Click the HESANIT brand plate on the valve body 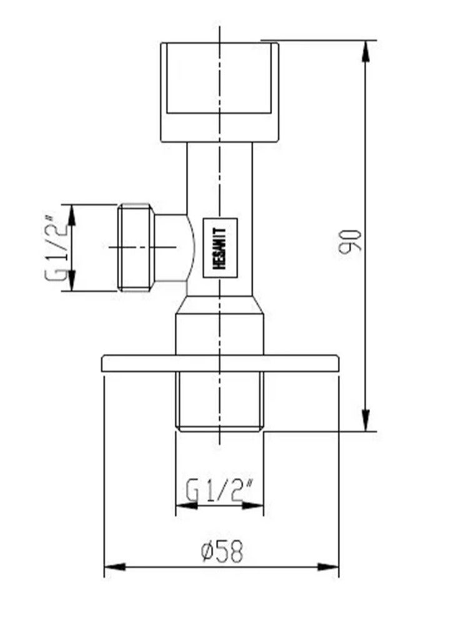[223, 247]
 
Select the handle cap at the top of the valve [219, 92]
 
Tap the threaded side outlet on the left [135, 247]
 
